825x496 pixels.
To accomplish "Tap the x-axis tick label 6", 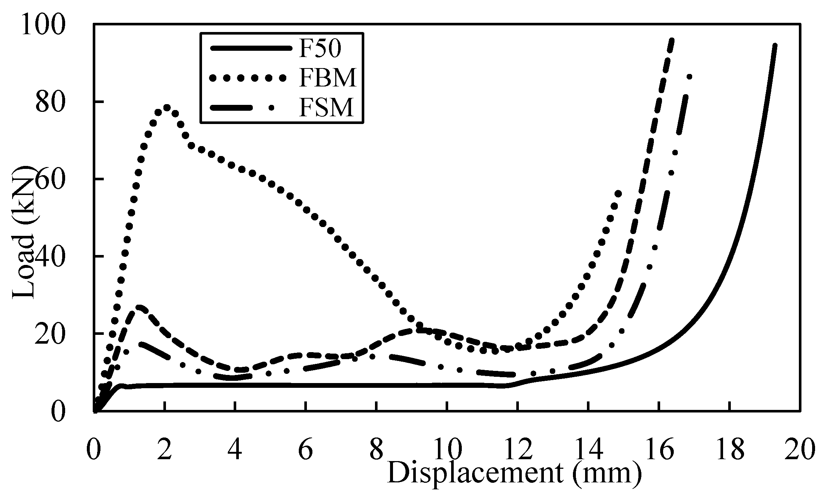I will point(305,451).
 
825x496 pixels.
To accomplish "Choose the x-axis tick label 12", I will point(518,451).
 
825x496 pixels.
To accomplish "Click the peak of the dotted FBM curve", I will point(166,107).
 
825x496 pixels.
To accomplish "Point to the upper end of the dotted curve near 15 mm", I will point(618,194).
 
